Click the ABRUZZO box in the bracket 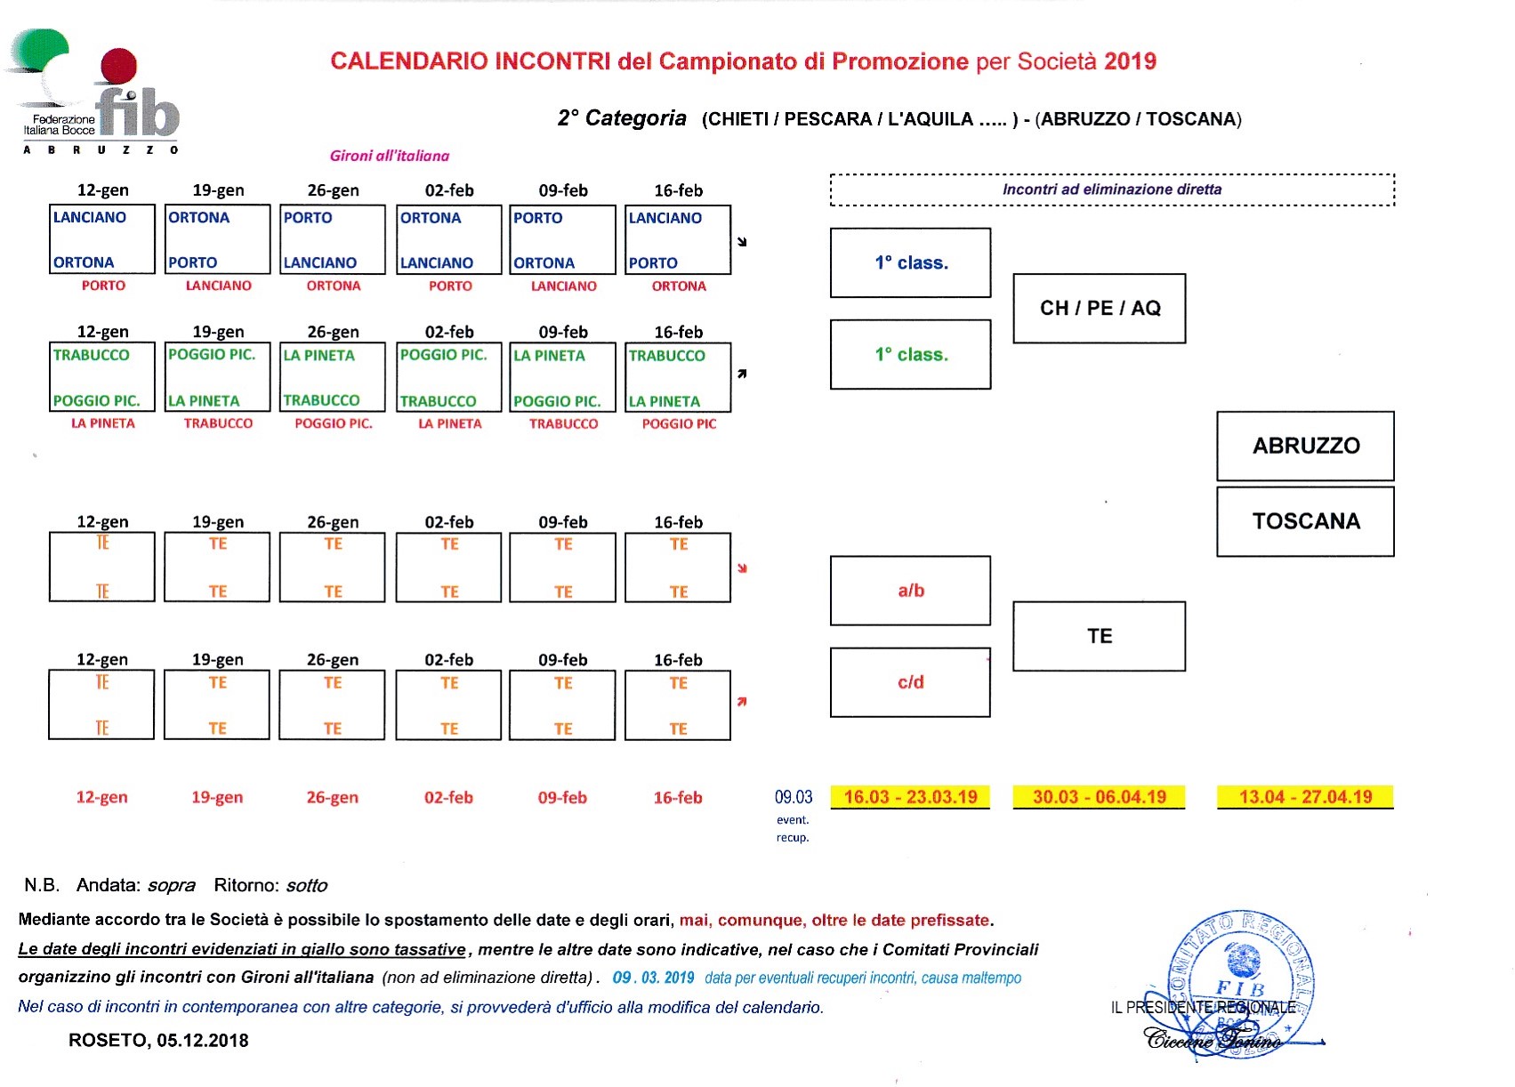[1305, 446]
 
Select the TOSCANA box [1305, 521]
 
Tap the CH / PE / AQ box [1099, 309]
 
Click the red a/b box [910, 591]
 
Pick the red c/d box [910, 682]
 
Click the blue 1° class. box [910, 262]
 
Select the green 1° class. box [910, 354]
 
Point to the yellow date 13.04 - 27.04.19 [1305, 797]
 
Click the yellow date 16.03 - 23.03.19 [910, 797]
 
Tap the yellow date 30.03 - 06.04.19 [1099, 797]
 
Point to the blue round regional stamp [1240, 984]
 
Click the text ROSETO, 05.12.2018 [158, 1041]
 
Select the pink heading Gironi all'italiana [390, 156]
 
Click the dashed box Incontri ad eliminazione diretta [1112, 189]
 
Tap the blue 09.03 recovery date [794, 797]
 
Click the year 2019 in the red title [1130, 61]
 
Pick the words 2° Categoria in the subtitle [622, 118]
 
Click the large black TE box [1099, 637]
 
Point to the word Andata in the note [108, 885]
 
